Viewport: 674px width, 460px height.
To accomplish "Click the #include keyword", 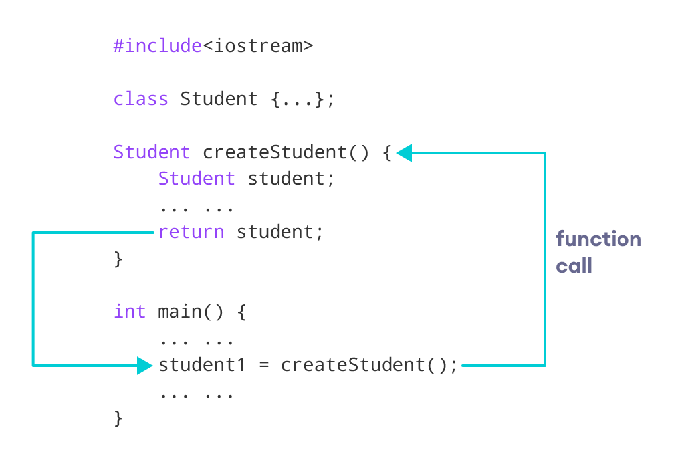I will point(158,46).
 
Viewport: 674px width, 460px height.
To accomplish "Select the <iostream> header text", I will point(257,46).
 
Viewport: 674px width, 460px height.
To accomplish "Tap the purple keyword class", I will point(140,99).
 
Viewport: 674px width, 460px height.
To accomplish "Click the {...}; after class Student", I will point(302,99).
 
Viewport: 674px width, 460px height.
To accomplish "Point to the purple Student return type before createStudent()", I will point(152,152).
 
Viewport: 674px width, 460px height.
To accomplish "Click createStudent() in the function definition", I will point(285,152).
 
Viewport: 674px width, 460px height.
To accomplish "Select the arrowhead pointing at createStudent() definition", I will point(405,153).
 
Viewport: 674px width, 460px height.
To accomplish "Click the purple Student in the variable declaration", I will point(196,179).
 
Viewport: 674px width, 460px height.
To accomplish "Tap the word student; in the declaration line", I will point(291,179).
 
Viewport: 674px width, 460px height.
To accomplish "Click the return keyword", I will point(191,232).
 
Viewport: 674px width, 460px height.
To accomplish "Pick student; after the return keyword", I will point(280,232).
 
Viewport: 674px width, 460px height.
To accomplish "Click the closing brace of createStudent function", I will point(118,259).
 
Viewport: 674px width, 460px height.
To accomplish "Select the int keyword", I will point(129,312).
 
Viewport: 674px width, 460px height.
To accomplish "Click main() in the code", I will point(190,312).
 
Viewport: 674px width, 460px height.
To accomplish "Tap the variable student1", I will point(202,365).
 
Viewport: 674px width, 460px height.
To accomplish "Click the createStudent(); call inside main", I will point(369,365).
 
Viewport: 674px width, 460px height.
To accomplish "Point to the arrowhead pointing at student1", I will point(145,365).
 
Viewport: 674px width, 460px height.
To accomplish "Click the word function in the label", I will point(598,239).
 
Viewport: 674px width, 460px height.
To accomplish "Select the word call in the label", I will point(574,266).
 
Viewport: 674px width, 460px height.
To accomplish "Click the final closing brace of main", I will point(118,418).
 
